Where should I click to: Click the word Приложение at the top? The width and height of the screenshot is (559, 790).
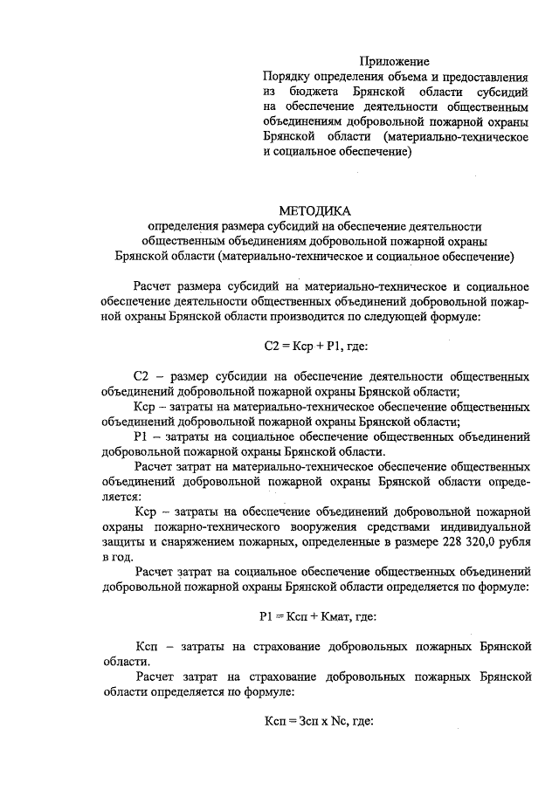(395, 61)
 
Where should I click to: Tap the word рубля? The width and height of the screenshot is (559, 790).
(512, 542)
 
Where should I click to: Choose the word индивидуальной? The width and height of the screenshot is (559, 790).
(490, 527)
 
